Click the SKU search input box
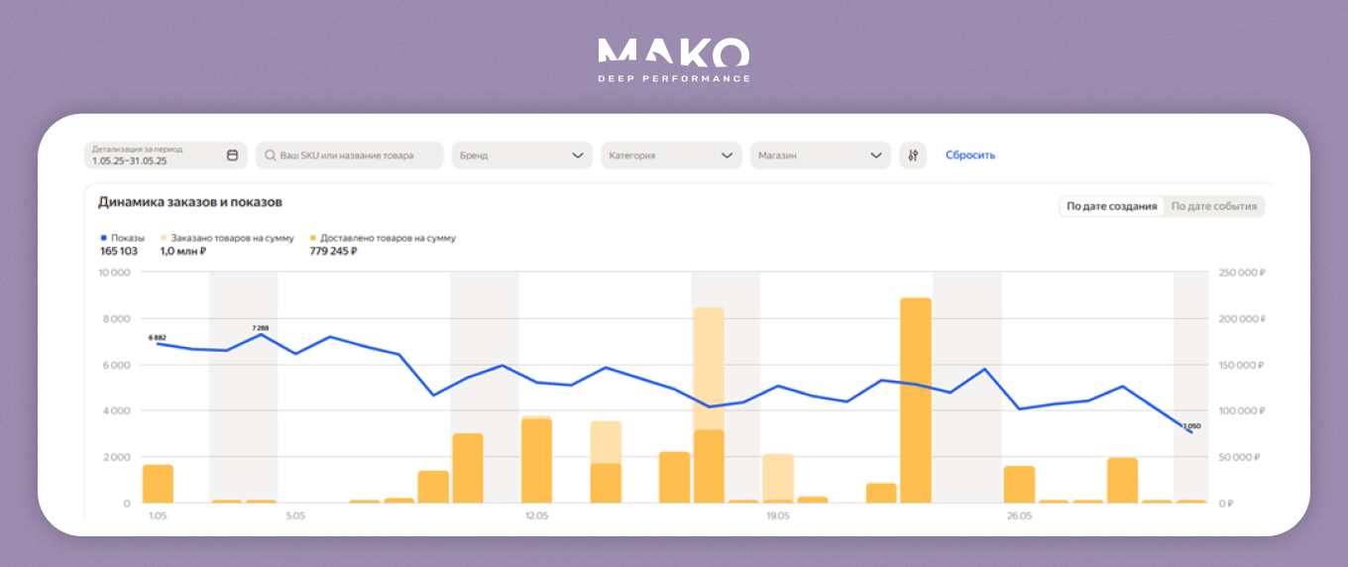349,156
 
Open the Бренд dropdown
521,156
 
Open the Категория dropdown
671,156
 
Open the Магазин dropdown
820,156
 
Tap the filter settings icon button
913,156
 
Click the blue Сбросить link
970,156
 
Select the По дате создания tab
1111,206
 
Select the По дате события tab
1213,206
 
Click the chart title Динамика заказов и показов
190,202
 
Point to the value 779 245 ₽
333,252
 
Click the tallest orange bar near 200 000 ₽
915,397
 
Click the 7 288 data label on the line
261,327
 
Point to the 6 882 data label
158,338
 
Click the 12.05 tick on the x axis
536,516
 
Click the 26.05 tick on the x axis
1019,516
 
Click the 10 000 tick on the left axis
115,273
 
